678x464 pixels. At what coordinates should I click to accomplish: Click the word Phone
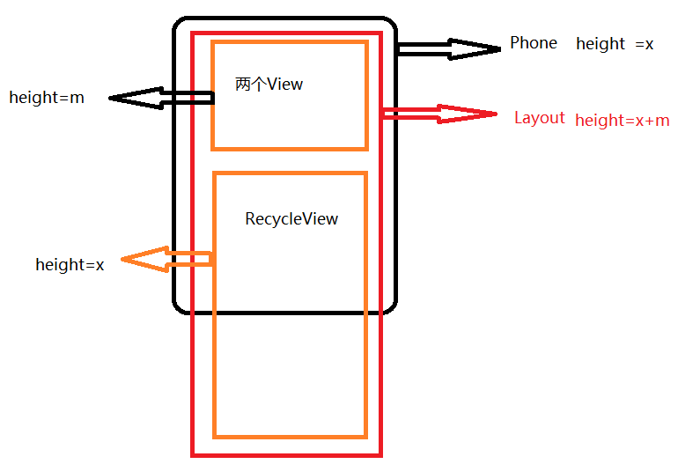click(x=534, y=43)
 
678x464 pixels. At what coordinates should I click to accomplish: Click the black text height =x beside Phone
click(x=615, y=44)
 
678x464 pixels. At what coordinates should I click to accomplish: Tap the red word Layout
click(x=539, y=118)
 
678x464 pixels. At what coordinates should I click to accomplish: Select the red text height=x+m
click(x=622, y=121)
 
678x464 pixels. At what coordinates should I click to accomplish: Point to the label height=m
click(x=47, y=98)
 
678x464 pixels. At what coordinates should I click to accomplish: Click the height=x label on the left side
click(x=70, y=264)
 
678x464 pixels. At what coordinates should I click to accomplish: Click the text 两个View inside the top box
click(x=269, y=85)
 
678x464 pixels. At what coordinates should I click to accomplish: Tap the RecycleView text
click(x=291, y=219)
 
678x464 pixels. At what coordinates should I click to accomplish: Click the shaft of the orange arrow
click(x=188, y=259)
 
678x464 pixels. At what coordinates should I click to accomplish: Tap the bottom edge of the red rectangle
click(x=287, y=454)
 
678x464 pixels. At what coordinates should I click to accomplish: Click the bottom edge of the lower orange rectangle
click(x=290, y=436)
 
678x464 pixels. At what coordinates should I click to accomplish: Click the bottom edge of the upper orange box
click(x=290, y=148)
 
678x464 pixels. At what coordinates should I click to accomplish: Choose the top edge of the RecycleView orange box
click(x=290, y=173)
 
